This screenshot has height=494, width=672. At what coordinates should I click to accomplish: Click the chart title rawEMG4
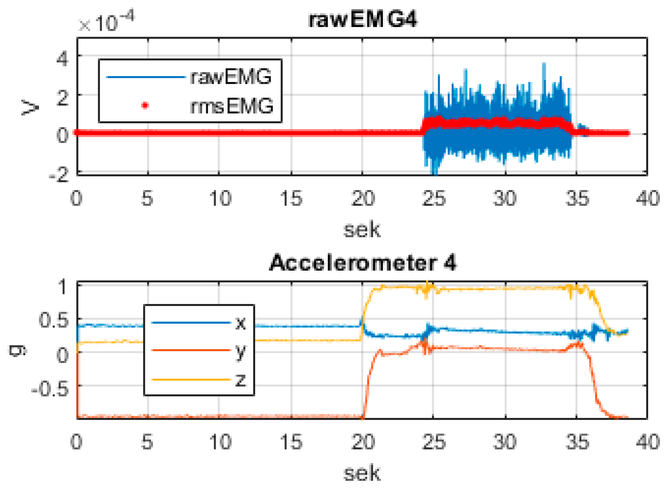click(362, 20)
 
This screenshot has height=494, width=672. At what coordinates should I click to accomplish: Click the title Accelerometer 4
click(362, 263)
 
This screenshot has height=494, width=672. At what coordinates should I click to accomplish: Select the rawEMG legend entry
click(231, 76)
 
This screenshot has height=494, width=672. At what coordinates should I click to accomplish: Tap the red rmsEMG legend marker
click(145, 105)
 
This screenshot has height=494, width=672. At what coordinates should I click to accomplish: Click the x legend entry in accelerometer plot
click(240, 323)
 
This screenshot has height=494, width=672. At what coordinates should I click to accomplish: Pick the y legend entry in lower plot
click(240, 351)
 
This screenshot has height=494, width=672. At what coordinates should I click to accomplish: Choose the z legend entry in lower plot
click(240, 380)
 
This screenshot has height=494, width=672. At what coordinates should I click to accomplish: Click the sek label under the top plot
click(361, 229)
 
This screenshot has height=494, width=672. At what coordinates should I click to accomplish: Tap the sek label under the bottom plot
click(361, 473)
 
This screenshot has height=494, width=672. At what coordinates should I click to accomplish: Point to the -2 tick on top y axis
click(59, 174)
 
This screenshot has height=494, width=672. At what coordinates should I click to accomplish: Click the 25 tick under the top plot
click(434, 199)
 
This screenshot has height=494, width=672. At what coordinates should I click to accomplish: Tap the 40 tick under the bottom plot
click(648, 442)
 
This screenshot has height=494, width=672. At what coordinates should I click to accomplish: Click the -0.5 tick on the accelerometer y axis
click(50, 389)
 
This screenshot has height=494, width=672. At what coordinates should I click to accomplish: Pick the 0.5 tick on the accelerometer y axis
click(54, 321)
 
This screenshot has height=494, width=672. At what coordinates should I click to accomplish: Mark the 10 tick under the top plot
click(220, 199)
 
